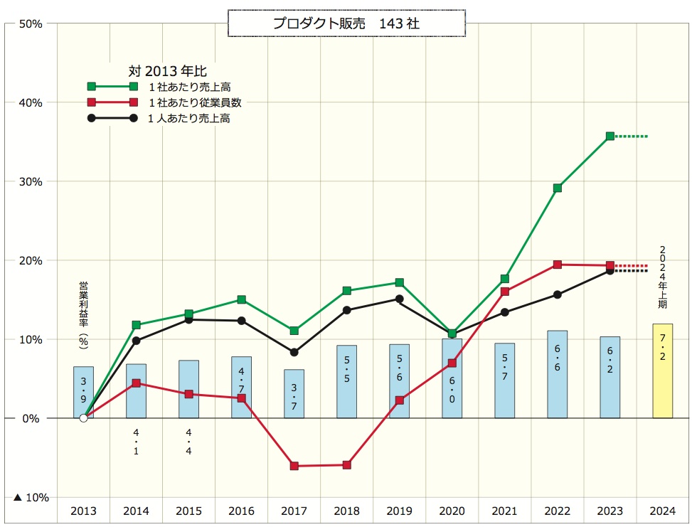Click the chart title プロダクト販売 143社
tap(346, 23)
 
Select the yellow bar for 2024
tap(662, 371)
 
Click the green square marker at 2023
tap(610, 136)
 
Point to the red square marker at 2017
tap(294, 466)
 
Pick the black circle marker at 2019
tap(399, 299)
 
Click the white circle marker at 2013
tap(83, 418)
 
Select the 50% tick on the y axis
tap(33, 23)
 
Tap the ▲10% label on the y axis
tap(31, 497)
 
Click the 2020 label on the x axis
tap(452, 511)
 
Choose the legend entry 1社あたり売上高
tap(189, 86)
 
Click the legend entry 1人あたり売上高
tap(188, 119)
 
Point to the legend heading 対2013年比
tap(167, 70)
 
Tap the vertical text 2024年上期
tap(663, 278)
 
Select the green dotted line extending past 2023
tap(632, 136)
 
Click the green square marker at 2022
tap(557, 188)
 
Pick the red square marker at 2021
tap(504, 292)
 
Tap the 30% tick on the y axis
tap(33, 181)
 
